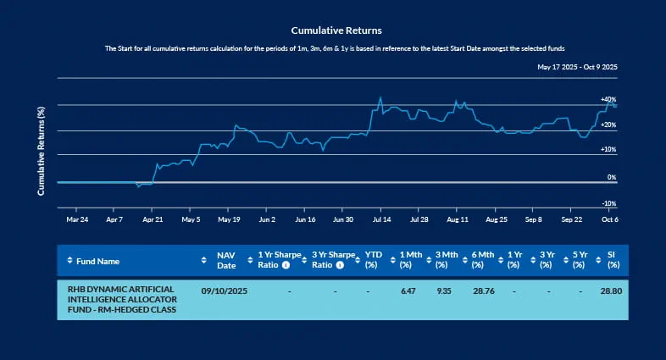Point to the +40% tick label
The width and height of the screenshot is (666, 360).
[608, 99]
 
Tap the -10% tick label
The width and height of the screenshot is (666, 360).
[608, 203]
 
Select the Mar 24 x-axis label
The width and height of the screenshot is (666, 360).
[77, 219]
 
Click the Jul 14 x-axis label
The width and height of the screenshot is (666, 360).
[381, 219]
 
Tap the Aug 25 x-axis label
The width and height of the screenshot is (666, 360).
[496, 219]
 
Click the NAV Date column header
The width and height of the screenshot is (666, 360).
[225, 260]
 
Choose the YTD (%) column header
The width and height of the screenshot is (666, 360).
[373, 260]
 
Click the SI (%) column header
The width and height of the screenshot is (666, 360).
[613, 260]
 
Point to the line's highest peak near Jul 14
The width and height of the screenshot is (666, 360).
[380, 97]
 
